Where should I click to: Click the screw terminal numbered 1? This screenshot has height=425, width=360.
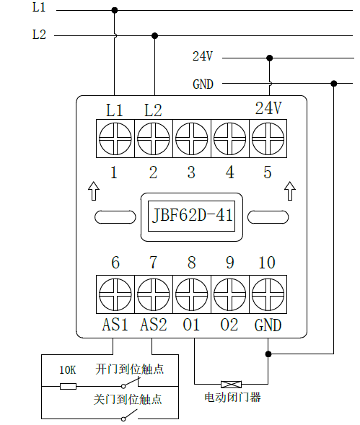[x=115, y=139]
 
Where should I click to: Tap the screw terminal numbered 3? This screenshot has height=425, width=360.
[x=192, y=139]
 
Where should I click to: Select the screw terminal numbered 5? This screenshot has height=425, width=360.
[x=268, y=139]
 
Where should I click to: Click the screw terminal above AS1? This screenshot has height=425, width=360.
[x=115, y=294]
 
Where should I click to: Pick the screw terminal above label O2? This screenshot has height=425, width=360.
[x=230, y=294]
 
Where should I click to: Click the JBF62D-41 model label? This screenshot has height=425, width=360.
[x=192, y=216]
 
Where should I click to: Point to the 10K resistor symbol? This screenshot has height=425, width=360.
[x=68, y=386]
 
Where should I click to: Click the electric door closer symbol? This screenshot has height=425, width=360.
[x=232, y=385]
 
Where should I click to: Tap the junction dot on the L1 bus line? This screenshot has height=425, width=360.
[x=115, y=10]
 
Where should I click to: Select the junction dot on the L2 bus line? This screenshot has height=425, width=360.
[x=154, y=35]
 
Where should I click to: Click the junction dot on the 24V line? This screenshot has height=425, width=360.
[x=269, y=58]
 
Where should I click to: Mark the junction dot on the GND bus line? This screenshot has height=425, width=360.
[x=334, y=84]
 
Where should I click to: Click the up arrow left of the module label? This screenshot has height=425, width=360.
[x=94, y=191]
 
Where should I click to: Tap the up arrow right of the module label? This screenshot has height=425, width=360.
[x=290, y=191]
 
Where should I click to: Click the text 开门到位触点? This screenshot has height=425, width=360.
[x=130, y=369]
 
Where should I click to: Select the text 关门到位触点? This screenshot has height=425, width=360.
[x=128, y=400]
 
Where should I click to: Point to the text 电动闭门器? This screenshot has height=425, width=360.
[x=232, y=398]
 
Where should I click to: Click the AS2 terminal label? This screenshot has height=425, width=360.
[x=154, y=325]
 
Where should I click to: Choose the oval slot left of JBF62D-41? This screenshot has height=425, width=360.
[x=115, y=217]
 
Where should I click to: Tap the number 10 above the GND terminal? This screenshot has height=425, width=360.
[x=267, y=263]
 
